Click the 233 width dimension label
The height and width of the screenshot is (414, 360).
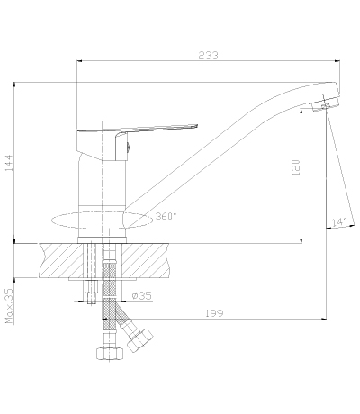[208, 56]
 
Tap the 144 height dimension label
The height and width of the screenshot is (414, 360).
[9, 163]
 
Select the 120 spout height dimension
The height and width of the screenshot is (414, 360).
[296, 167]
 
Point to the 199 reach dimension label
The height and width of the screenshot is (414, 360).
[214, 313]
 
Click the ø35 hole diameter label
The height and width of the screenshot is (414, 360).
[142, 296]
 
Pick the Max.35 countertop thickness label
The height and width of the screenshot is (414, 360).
[9, 306]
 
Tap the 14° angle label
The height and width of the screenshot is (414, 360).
[339, 222]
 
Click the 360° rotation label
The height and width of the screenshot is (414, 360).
[166, 216]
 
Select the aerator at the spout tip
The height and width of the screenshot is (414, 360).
[325, 104]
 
